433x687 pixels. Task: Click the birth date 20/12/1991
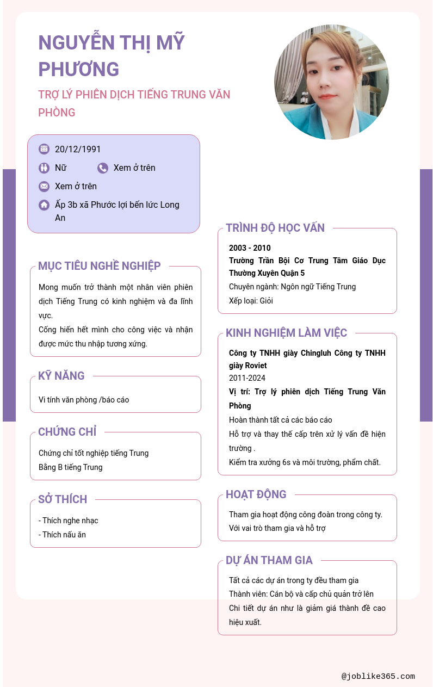[78, 149]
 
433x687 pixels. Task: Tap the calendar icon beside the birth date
[44, 149]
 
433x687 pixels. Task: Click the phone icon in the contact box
[103, 168]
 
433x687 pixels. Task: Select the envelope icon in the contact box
[44, 186]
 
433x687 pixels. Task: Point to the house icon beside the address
[44, 205]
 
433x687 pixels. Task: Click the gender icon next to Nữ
[44, 168]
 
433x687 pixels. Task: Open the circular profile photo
[331, 82]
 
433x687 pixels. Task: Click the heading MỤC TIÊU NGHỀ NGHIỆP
[100, 266]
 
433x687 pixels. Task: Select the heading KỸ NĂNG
[61, 376]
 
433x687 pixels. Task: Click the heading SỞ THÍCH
[63, 499]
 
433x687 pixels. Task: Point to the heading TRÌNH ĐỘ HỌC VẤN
[275, 228]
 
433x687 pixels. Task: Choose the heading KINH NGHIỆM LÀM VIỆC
[286, 333]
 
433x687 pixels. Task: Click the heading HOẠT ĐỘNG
[256, 494]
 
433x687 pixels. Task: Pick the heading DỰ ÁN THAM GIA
[269, 560]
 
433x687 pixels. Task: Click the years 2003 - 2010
[250, 248]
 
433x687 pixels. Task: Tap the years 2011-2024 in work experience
[247, 378]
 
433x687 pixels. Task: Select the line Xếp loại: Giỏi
[251, 301]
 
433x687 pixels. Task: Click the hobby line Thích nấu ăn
[63, 535]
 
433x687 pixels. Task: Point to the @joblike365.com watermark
[378, 677]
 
